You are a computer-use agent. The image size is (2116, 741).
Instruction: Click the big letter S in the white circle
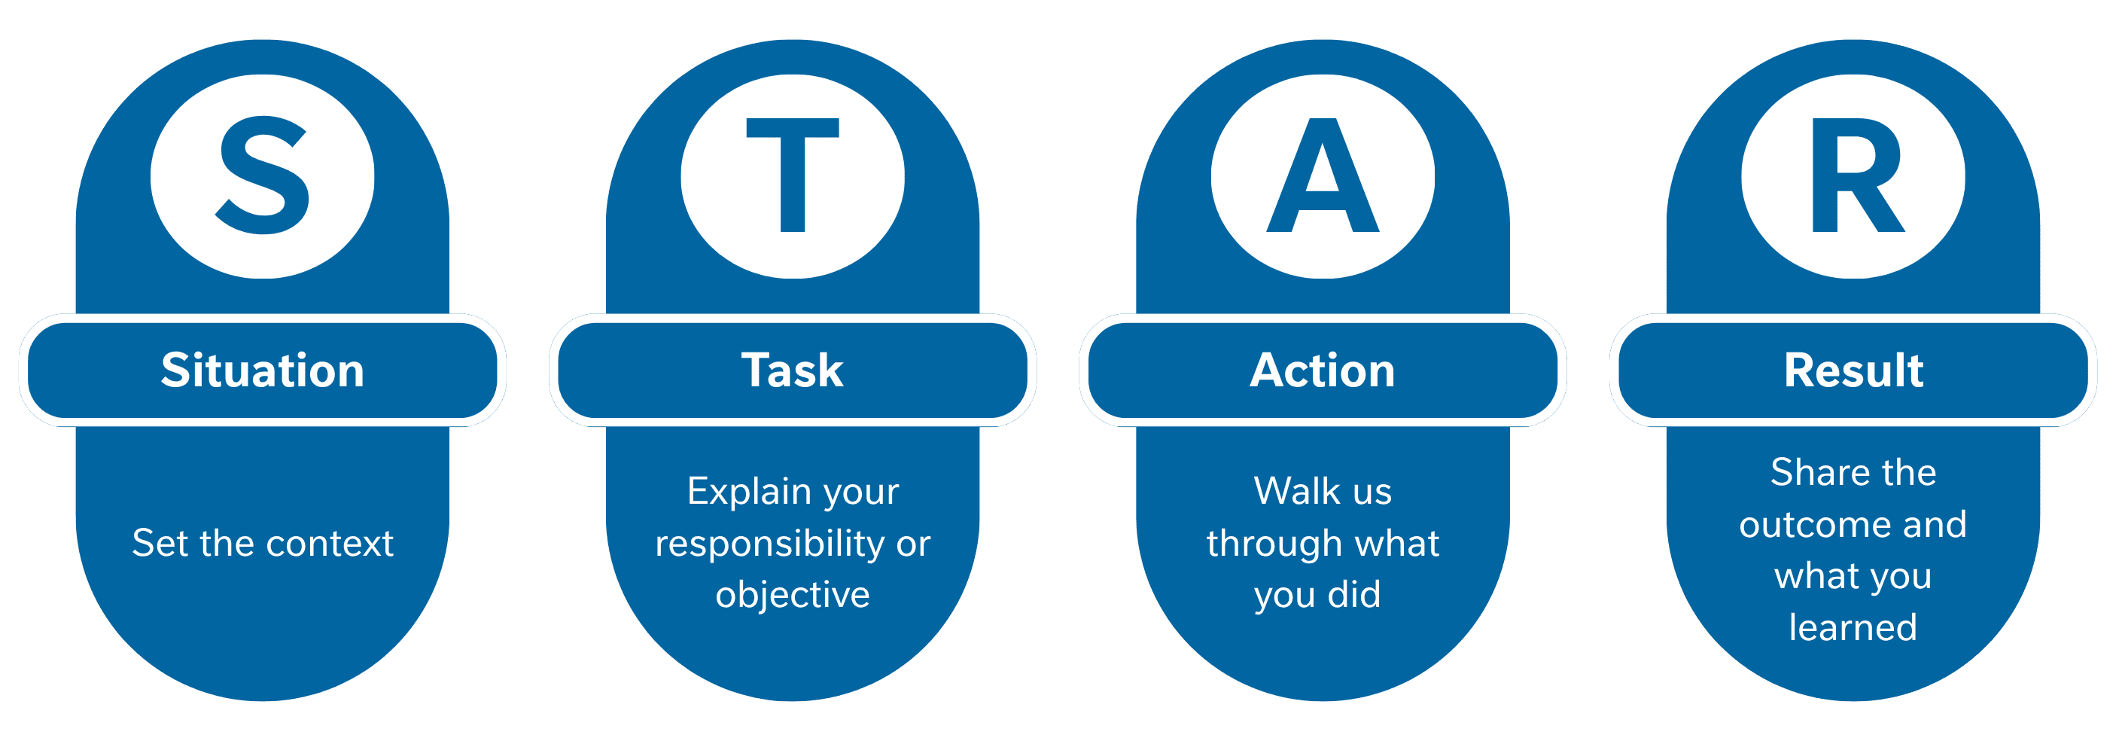[263, 175]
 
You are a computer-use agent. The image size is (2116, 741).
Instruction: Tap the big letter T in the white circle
[793, 174]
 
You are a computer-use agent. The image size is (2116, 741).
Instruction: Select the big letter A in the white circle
[1323, 175]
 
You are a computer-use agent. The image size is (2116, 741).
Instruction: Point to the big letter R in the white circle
[1856, 175]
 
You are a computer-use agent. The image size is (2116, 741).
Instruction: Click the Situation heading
[263, 370]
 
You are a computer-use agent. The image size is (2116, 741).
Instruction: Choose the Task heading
[793, 370]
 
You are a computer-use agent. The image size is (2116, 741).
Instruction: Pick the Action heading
[1323, 370]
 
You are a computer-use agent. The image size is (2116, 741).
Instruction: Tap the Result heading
[1853, 370]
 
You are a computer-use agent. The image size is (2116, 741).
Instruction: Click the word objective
[793, 595]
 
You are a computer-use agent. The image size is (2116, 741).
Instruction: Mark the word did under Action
[1354, 595]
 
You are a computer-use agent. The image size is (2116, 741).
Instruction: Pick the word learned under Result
[1853, 627]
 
